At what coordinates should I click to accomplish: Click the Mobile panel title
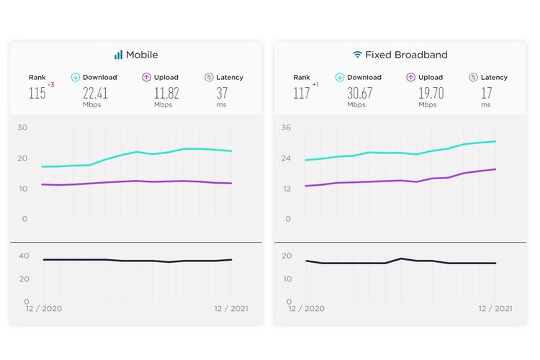coord(142,55)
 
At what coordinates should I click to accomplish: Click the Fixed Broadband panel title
coord(406,55)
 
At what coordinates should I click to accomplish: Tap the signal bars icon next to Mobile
coord(118,55)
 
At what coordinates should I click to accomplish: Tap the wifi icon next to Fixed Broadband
coord(357,55)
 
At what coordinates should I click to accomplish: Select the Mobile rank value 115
coord(37,93)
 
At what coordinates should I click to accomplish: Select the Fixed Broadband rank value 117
coord(301,93)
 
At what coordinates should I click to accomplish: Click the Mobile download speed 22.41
coord(95,92)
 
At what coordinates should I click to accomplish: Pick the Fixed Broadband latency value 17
coord(486,92)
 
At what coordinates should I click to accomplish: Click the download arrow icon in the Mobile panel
coord(76,77)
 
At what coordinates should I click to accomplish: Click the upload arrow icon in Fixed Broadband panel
coord(411,77)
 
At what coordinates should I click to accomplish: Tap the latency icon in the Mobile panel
coord(209,77)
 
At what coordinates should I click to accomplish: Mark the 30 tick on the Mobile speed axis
coord(22,127)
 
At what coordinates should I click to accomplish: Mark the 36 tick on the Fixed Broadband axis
coord(286,127)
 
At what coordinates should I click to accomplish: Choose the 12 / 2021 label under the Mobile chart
coord(231,309)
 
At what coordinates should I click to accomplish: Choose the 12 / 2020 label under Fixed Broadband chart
coord(307,309)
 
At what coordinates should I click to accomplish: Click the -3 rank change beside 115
coord(51,86)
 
